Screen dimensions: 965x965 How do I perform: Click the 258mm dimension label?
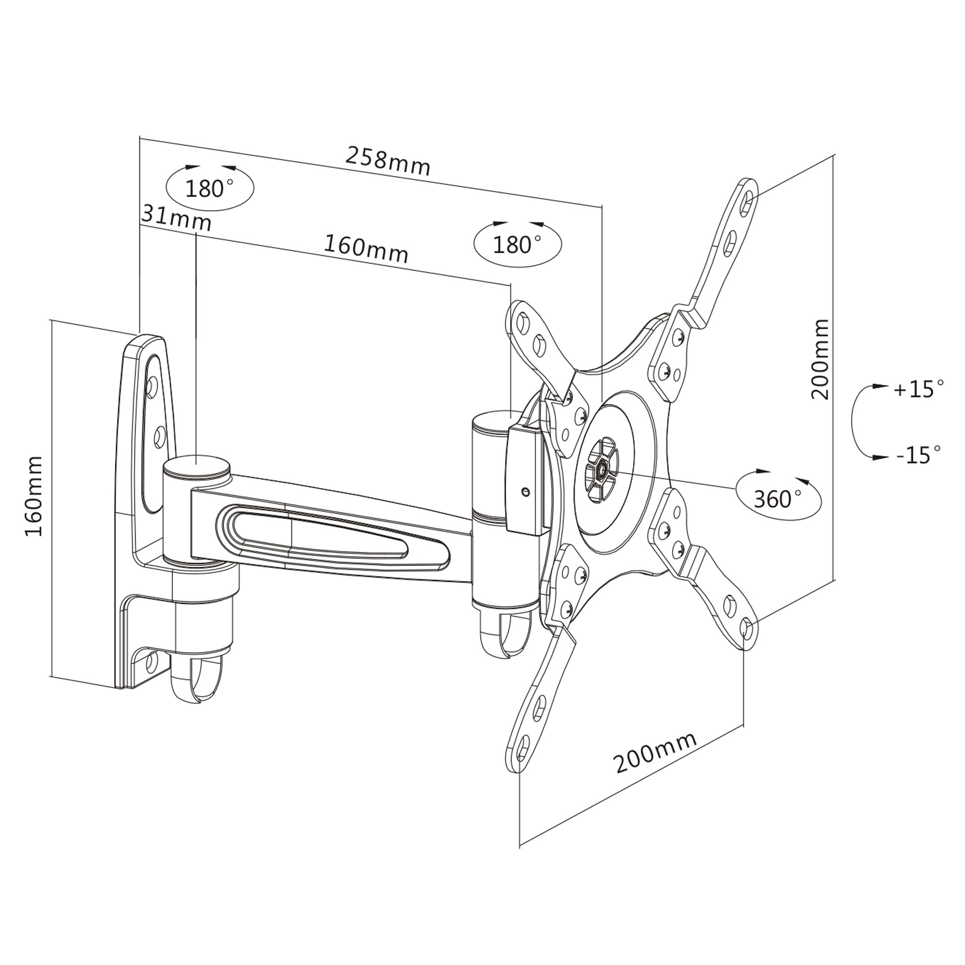(x=387, y=161)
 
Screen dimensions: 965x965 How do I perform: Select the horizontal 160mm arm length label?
(x=366, y=248)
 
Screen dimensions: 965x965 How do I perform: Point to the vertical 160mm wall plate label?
(x=34, y=496)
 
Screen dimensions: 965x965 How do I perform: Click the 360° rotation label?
(x=778, y=498)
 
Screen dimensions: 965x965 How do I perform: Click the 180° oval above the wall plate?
(x=210, y=188)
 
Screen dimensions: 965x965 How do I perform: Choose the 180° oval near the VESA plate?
(x=517, y=244)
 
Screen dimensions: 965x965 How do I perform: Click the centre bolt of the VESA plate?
(x=602, y=469)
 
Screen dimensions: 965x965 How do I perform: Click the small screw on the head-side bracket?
(x=524, y=492)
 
